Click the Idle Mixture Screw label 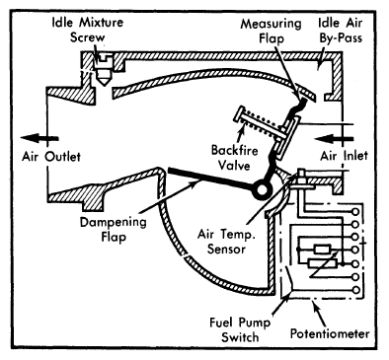(88, 30)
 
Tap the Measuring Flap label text (271, 31)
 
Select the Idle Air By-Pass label (341, 30)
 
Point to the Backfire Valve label (234, 158)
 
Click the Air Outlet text (51, 157)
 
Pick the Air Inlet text (344, 156)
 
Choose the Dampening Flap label (114, 229)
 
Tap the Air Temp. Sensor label (226, 242)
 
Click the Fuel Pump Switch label (240, 329)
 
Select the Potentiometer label (330, 334)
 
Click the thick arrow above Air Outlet (39, 138)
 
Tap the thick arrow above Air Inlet (334, 139)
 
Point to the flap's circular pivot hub (263, 189)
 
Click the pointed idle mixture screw (104, 70)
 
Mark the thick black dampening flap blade (210, 180)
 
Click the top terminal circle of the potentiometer (355, 211)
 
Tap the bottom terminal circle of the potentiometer (355, 290)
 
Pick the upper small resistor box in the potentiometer (323, 250)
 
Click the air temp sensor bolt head (301, 172)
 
